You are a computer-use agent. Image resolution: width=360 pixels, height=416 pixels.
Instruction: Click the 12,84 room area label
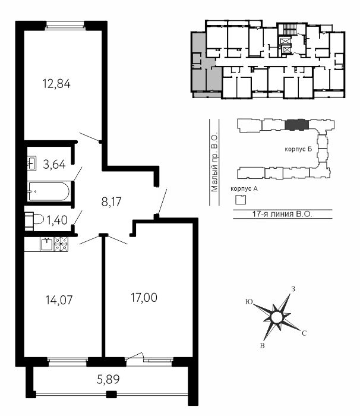click(56, 84)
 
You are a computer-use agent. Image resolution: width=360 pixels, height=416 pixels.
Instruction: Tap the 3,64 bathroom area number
click(54, 165)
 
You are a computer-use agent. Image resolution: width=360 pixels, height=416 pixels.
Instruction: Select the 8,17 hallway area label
click(112, 202)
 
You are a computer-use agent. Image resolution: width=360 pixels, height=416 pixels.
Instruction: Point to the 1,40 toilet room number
click(57, 220)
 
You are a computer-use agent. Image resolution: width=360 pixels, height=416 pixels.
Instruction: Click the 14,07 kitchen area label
click(59, 300)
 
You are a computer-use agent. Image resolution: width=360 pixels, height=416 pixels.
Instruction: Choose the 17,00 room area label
click(144, 298)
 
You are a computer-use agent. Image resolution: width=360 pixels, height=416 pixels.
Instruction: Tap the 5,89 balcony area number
click(108, 379)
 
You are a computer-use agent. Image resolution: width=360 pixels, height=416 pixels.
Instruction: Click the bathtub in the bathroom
click(49, 191)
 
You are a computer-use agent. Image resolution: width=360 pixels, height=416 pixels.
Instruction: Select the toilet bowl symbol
click(34, 220)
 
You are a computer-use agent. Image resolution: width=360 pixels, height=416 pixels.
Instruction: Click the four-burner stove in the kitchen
click(61, 244)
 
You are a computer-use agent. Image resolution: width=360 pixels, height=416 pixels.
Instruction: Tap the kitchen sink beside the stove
click(47, 244)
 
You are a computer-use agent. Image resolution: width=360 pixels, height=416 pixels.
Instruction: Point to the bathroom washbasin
click(31, 163)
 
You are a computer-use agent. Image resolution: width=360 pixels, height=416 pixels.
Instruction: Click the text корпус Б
click(298, 149)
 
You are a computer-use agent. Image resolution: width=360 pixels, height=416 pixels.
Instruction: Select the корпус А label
click(244, 188)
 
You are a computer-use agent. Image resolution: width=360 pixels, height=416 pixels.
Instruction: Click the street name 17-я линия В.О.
click(282, 214)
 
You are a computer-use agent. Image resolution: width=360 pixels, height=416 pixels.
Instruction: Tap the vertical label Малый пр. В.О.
click(214, 162)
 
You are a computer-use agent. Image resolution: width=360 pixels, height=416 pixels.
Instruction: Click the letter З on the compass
click(293, 289)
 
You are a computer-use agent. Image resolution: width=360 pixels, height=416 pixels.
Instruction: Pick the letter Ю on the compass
click(249, 302)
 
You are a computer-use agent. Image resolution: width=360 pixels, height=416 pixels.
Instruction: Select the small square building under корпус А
click(241, 200)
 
